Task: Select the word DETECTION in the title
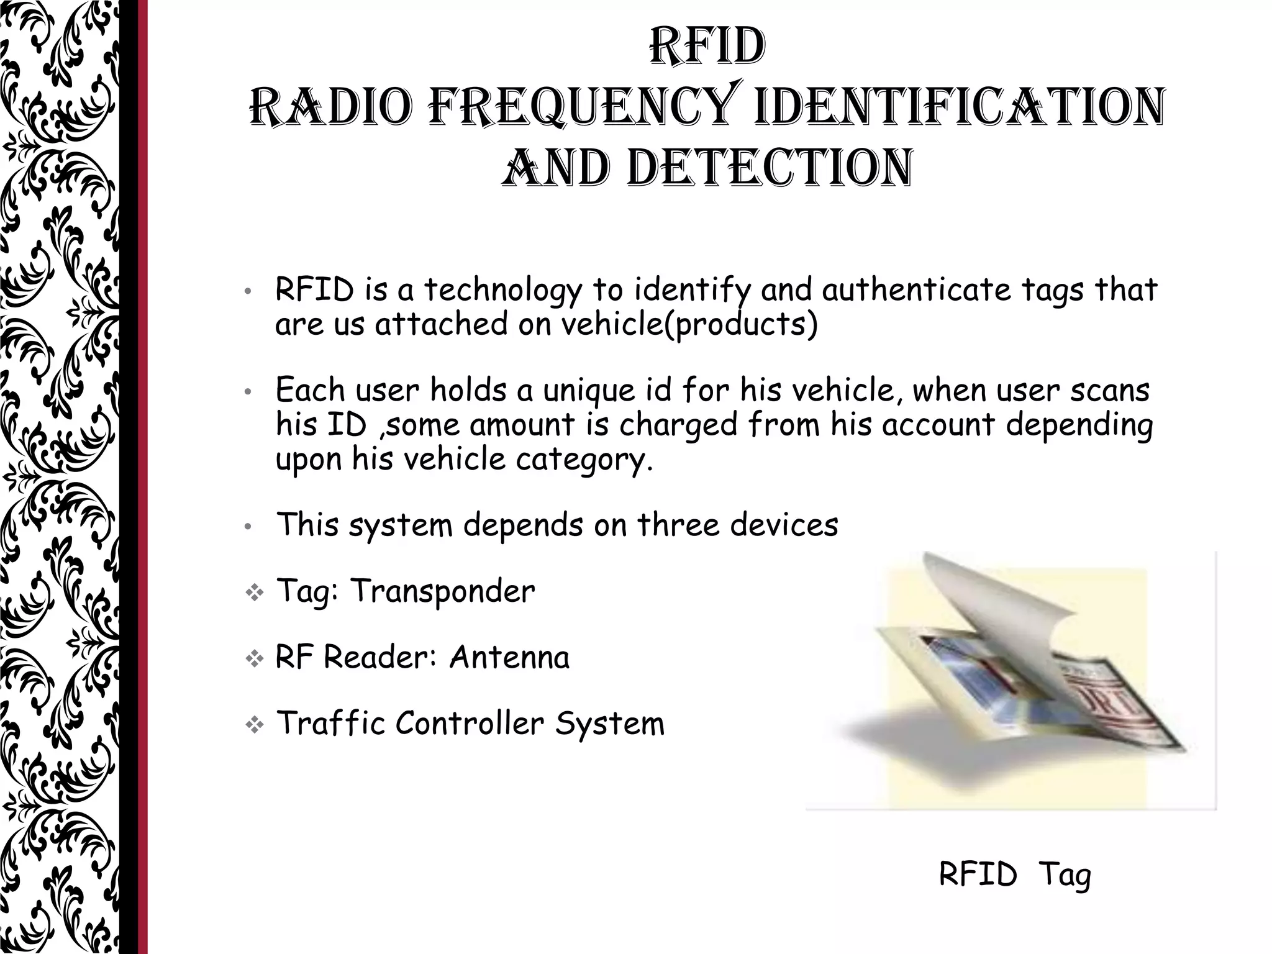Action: (x=769, y=168)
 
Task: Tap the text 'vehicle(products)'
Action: (x=689, y=324)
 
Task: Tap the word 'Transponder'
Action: (x=442, y=591)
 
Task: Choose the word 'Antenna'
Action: (x=509, y=657)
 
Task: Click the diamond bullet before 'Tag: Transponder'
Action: (x=254, y=593)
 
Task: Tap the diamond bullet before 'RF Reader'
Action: (x=254, y=660)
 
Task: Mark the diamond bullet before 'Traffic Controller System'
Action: (x=254, y=725)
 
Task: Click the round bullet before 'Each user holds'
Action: (x=247, y=393)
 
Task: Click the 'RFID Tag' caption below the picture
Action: (x=1014, y=875)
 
